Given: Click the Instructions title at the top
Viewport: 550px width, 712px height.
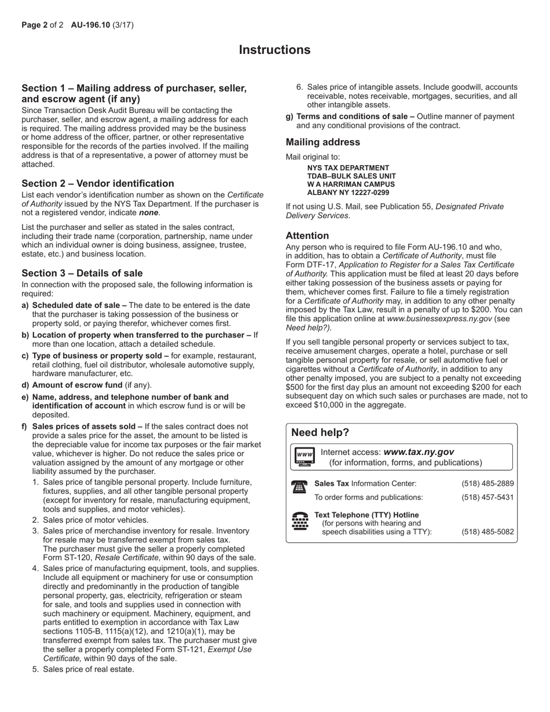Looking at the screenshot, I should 274,50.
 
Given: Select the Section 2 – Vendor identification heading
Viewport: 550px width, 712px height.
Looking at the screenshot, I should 98,183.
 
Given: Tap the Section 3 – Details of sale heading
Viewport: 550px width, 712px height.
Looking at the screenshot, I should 82,273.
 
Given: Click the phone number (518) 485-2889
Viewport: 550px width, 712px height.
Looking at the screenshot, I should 487,483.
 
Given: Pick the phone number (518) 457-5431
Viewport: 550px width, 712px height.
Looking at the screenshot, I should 487,497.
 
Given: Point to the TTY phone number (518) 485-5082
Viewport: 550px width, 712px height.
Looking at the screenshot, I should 487,532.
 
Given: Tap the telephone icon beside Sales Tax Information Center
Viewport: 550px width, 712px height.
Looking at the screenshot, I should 299,487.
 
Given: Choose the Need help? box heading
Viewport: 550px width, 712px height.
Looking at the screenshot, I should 320,432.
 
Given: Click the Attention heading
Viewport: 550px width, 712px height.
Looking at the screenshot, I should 307,236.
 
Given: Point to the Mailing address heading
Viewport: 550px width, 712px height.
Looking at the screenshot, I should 322,142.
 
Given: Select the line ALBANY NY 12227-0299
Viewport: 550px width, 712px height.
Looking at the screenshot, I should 348,193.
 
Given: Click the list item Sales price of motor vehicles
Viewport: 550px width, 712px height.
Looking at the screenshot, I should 96,520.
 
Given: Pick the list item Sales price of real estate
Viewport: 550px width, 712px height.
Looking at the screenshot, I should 88,669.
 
